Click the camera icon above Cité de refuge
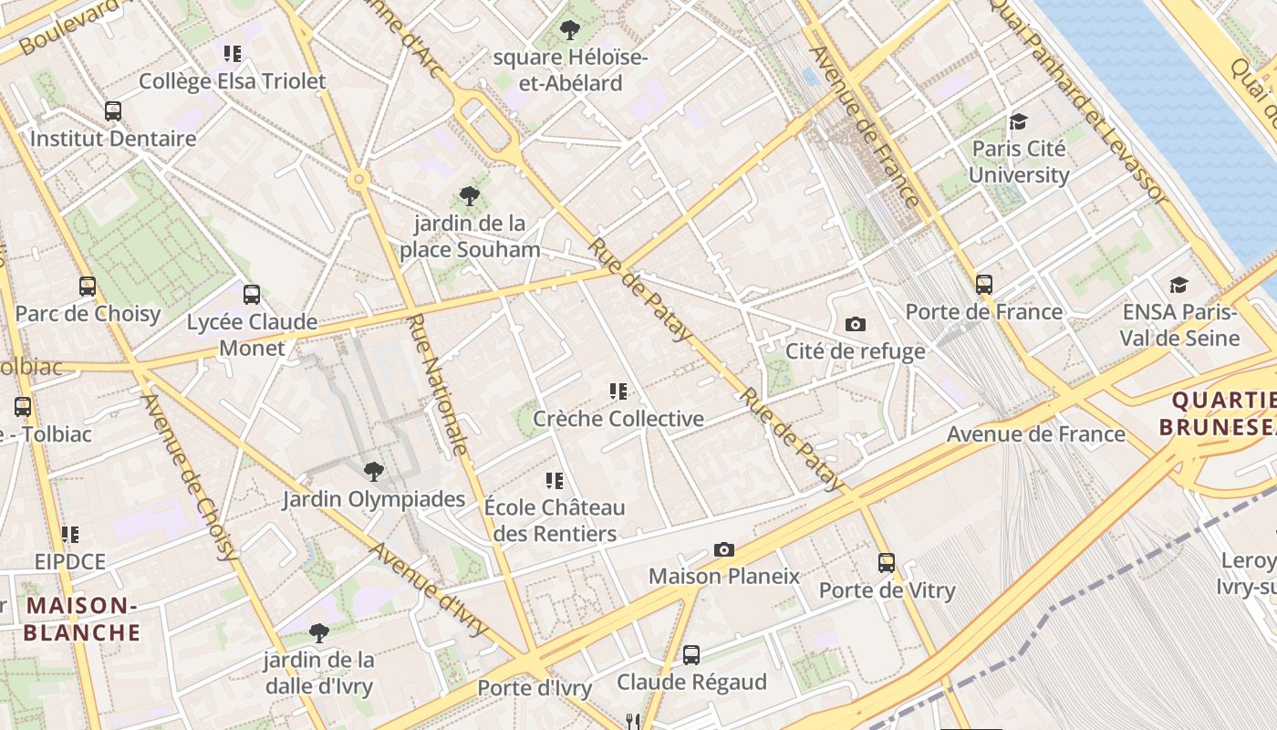(x=856, y=324)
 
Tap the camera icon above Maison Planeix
(x=724, y=549)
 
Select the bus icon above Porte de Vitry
(x=887, y=563)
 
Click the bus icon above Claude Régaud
(x=691, y=654)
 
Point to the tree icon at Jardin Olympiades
(x=373, y=472)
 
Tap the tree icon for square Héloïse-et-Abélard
(x=570, y=30)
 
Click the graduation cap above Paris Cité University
(x=1018, y=121)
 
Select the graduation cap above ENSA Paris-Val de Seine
(x=1179, y=286)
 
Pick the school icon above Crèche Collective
(x=618, y=391)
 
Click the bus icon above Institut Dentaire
(x=113, y=111)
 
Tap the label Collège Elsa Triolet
(x=232, y=81)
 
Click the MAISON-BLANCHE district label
(x=82, y=619)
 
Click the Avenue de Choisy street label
(x=190, y=477)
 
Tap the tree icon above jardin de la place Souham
(x=470, y=195)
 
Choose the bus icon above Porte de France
(x=983, y=284)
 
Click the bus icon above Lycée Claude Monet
(x=252, y=295)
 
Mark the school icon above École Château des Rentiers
(x=555, y=480)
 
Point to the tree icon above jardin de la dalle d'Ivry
(x=318, y=632)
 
